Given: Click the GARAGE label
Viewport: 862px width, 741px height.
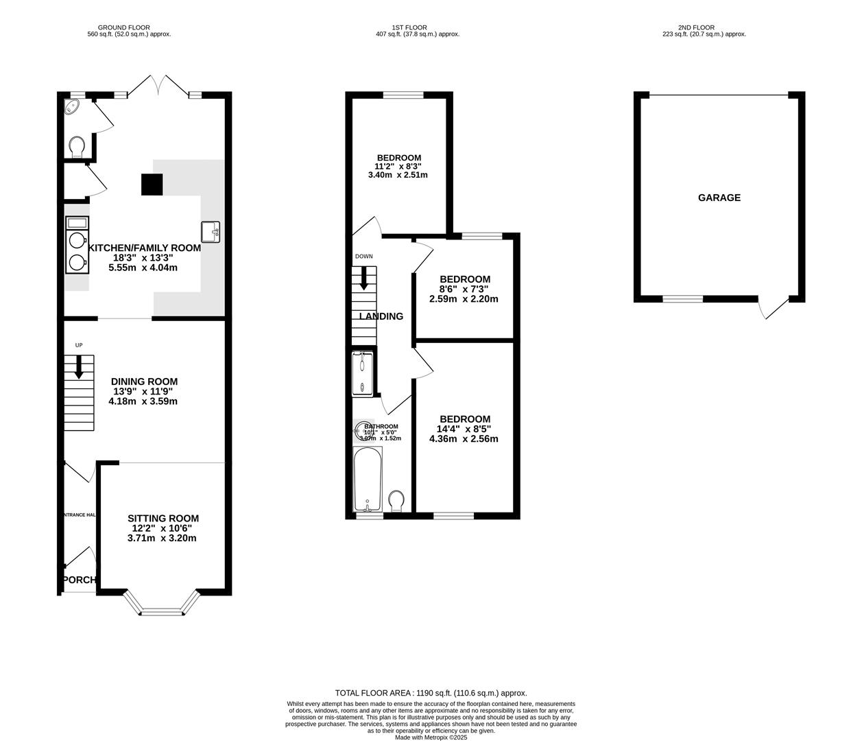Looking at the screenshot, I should tap(719, 198).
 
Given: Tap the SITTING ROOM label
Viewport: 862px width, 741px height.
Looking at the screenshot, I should tap(163, 519).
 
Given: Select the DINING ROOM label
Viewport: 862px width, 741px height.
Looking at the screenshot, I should tap(144, 381).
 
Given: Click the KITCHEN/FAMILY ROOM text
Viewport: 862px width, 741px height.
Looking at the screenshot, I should tap(144, 248).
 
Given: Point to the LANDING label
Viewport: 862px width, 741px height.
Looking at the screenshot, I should tap(381, 316).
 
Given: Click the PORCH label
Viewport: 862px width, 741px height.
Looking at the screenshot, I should tap(79, 580).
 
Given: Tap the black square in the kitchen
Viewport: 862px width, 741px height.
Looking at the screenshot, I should tap(152, 185).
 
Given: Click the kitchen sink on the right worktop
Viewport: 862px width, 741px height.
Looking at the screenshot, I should tap(210, 231).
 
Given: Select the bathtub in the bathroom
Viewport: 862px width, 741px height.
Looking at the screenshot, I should tap(367, 479).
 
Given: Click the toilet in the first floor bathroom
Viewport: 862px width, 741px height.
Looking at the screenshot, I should tap(396, 500).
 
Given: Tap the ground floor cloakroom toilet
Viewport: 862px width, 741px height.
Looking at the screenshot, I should tap(76, 146).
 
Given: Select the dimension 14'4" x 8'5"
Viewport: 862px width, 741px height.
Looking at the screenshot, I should tap(464, 430).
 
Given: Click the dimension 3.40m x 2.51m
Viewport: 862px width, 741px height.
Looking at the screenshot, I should tap(398, 175).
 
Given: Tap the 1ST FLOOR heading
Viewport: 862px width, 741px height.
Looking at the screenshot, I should tap(409, 27).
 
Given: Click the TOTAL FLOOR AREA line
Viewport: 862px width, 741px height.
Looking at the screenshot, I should tap(431, 693).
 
